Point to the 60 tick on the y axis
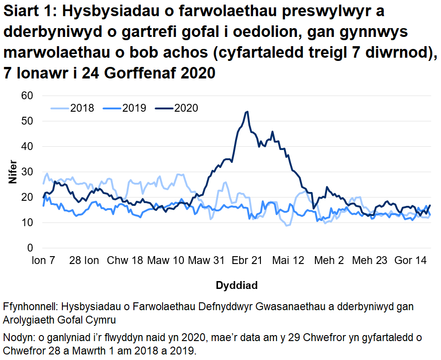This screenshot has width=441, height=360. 28,96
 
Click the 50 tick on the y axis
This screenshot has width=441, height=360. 28,121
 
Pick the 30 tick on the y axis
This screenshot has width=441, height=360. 28,172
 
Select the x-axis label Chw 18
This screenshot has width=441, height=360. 125,261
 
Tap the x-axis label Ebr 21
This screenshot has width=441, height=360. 247,261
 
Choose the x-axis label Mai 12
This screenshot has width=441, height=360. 288,261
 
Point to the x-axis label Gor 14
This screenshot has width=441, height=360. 411,261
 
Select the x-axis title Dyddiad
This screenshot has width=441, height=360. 237,285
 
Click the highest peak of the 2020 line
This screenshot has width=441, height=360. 248,112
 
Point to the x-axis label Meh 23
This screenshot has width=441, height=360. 369,261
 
